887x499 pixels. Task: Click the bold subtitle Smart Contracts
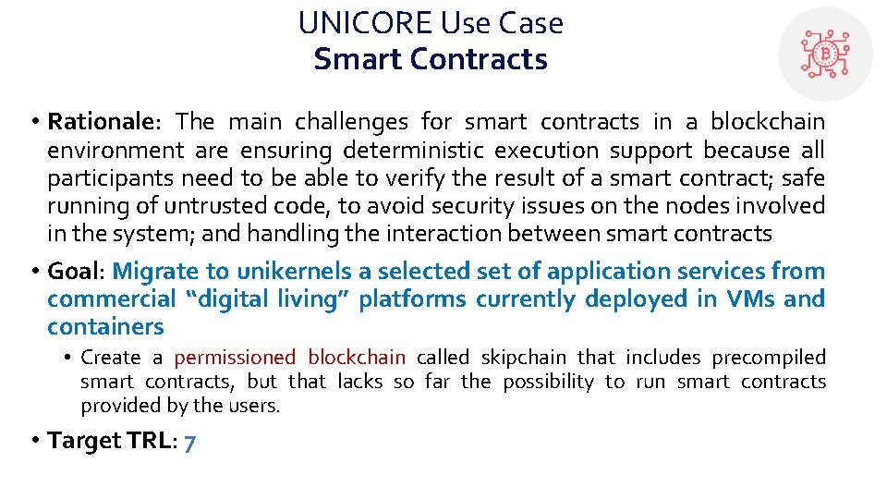(x=431, y=59)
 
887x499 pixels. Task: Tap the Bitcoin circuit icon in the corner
(x=824, y=54)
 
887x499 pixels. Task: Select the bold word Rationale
(x=98, y=122)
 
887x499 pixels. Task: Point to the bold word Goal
(x=76, y=272)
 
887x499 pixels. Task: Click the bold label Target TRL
(x=109, y=441)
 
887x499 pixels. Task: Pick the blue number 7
(x=188, y=442)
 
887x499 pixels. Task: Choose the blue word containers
(x=105, y=327)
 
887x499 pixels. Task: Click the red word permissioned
(x=235, y=358)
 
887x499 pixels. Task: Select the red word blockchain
(x=357, y=358)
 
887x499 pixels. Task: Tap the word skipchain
(x=520, y=358)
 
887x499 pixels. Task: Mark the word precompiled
(x=769, y=358)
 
